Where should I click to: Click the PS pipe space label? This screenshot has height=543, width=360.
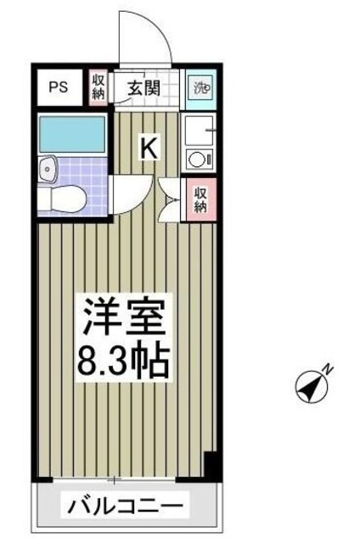tap(59, 87)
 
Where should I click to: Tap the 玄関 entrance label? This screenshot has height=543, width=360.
tap(141, 87)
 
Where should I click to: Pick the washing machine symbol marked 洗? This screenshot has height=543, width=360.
tap(200, 87)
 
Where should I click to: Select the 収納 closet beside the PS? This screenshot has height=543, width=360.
tap(98, 87)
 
